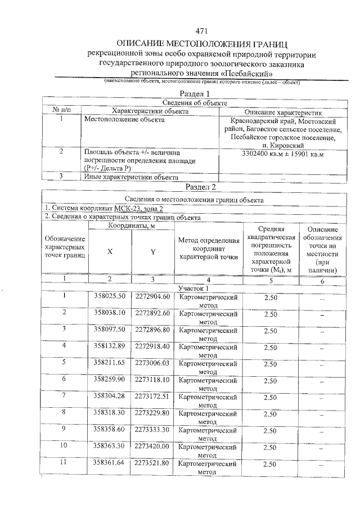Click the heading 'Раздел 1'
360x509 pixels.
pos(194,93)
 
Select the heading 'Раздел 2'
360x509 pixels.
pos(201,187)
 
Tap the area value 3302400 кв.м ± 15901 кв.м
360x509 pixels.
pos(283,153)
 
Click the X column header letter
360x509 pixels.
pos(110,252)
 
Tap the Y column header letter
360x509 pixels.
pos(152,252)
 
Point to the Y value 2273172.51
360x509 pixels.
pos(152,395)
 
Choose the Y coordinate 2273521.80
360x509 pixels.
pos(152,463)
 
